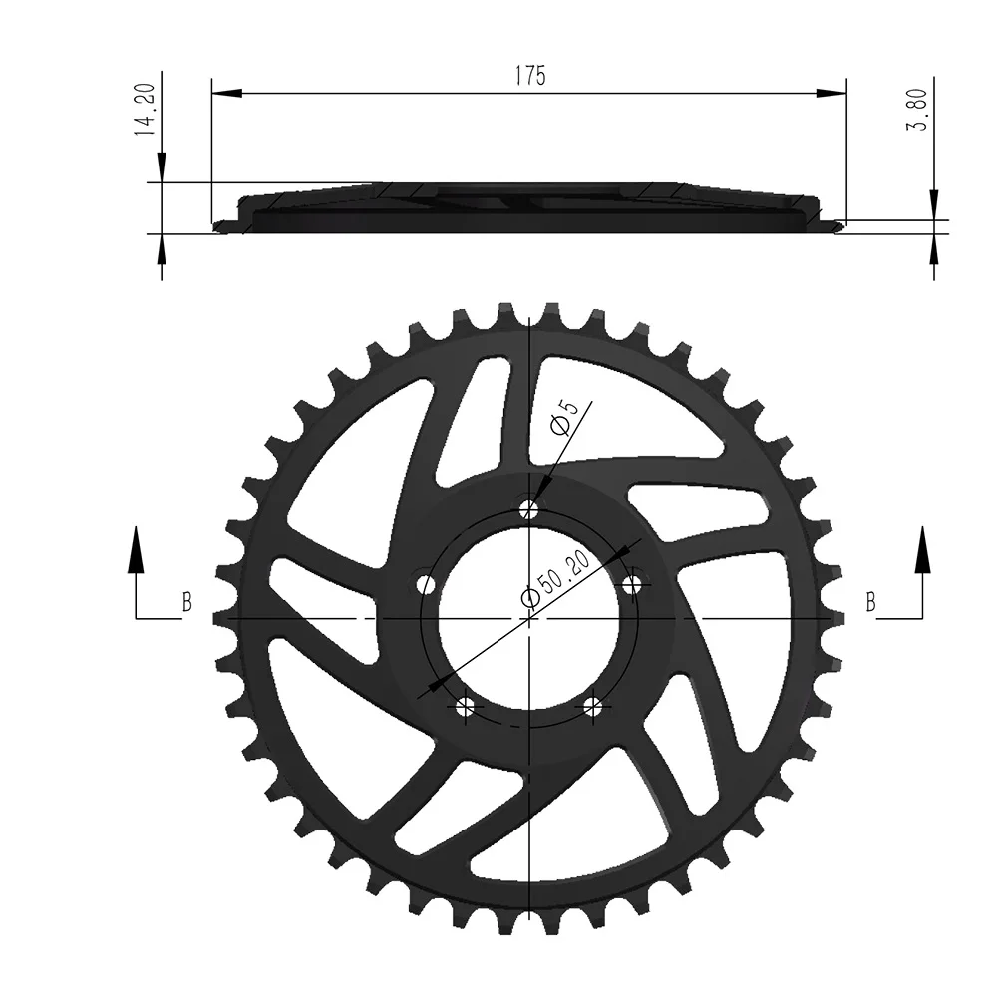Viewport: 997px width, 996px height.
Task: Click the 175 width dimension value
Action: [529, 77]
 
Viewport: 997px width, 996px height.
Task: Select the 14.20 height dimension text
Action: [145, 111]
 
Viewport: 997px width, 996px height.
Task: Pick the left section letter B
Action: [186, 602]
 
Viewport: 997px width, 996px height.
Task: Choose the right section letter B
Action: [870, 602]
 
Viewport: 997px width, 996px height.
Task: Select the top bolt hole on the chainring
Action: [529, 510]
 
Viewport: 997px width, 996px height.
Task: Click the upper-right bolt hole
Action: [632, 584]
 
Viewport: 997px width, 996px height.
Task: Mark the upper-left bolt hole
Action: [427, 584]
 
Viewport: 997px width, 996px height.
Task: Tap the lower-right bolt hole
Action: [594, 707]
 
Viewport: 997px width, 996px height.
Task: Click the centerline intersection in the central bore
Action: [529, 618]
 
